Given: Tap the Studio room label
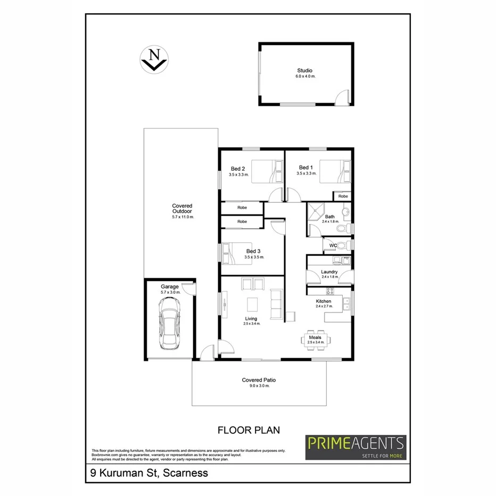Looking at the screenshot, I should click(x=305, y=71).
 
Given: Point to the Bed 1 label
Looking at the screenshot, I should click(x=304, y=168).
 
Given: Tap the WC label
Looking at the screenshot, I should click(x=334, y=245).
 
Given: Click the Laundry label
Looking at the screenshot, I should click(x=329, y=272).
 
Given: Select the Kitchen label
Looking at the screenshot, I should click(x=324, y=301).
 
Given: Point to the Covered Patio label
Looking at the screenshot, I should click(x=259, y=380).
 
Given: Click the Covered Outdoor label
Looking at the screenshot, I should click(x=182, y=209).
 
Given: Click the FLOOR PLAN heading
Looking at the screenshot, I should click(x=249, y=429).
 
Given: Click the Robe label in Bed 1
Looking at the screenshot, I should click(x=343, y=196).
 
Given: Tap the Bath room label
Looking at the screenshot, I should click(x=330, y=217).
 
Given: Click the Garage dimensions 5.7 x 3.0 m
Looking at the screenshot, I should click(x=171, y=292).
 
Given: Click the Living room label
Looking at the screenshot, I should click(x=251, y=319).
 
